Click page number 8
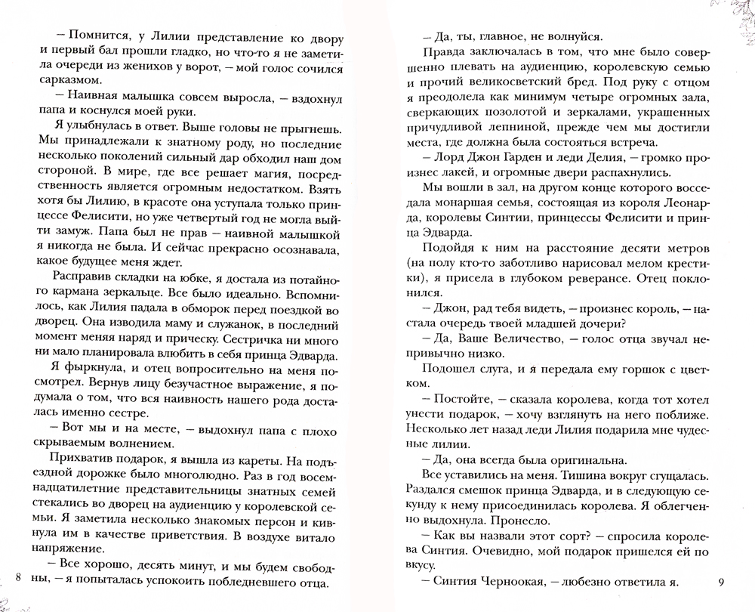click(x=18, y=581)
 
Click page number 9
click(x=721, y=581)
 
